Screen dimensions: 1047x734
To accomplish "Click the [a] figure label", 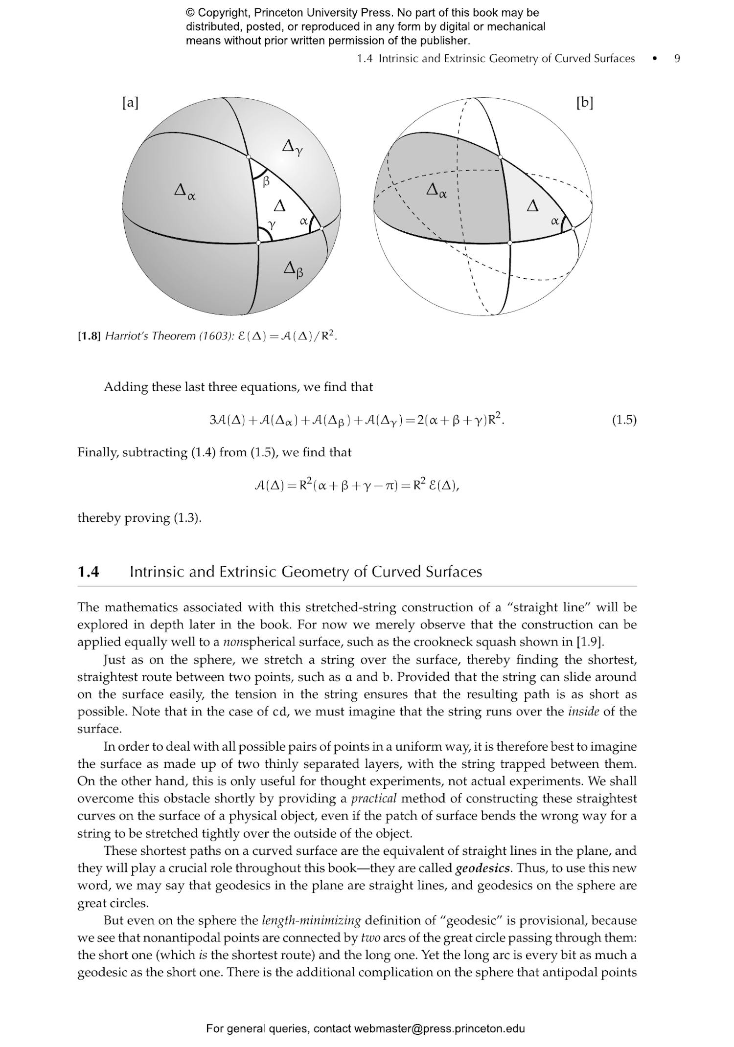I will (x=130, y=103).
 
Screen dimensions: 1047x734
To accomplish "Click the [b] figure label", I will (x=584, y=103).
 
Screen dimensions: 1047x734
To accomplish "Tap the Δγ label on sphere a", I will (x=292, y=146).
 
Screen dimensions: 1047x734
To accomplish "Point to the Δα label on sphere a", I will (x=184, y=190).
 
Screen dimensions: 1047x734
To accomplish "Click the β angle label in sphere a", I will (x=266, y=182).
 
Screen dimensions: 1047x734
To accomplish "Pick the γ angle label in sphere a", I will (x=272, y=224).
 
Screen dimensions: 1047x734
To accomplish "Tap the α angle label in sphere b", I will (x=554, y=221).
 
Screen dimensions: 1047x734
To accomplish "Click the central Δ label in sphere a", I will (x=279, y=205).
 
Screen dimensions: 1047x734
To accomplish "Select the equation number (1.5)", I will (x=624, y=420).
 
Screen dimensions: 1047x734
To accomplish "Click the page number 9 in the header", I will (x=677, y=59).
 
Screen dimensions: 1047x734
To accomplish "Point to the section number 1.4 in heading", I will (x=89, y=572).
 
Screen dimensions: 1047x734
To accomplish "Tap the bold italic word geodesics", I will (x=482, y=869).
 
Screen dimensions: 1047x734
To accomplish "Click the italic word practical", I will (x=374, y=799).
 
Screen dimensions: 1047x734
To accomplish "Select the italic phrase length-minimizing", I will (x=311, y=921).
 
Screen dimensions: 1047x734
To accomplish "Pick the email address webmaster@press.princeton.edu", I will (x=439, y=1028).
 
